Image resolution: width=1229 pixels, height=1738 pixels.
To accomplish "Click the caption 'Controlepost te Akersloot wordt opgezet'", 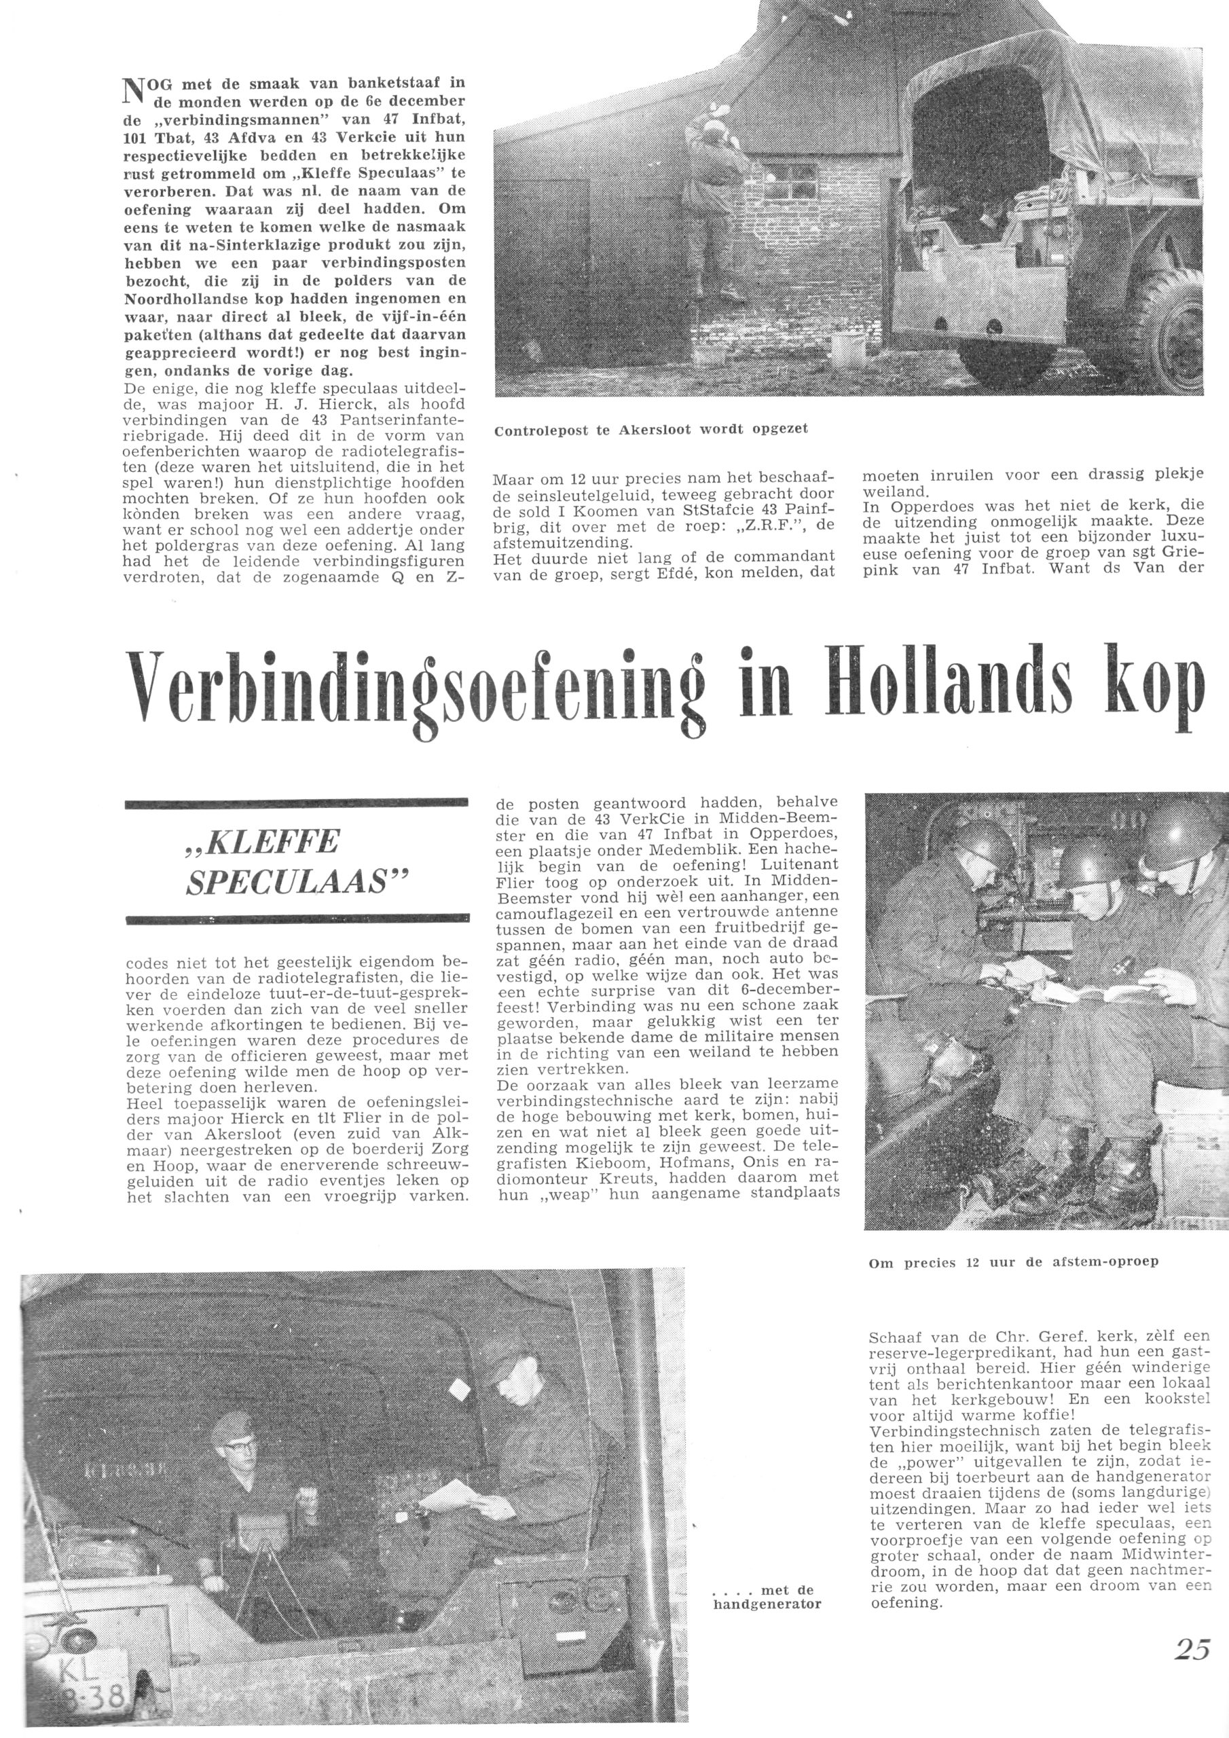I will click(650, 429).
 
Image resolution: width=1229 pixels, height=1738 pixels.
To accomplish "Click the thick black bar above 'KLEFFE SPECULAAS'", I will click(296, 803).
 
